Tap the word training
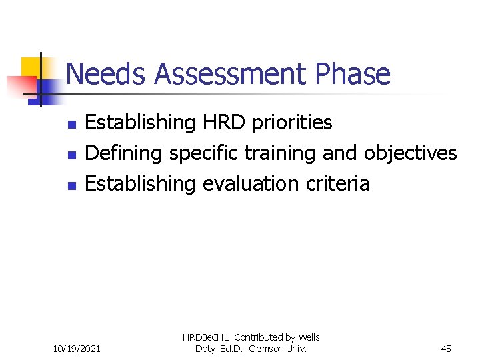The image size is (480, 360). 281,154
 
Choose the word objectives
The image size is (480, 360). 410,154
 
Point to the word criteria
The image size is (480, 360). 342,184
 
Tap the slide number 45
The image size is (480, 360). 446,347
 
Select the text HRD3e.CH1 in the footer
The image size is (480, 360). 206,338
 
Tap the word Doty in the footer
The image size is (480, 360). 205,348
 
